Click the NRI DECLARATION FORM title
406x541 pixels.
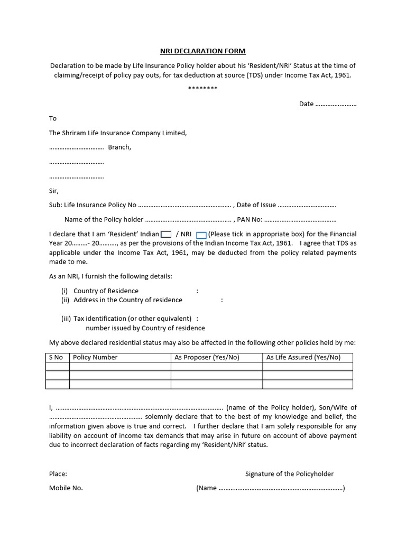click(x=203, y=51)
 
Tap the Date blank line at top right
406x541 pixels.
click(x=336, y=104)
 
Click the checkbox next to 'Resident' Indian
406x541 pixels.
click(x=166, y=234)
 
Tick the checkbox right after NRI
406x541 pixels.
click(x=201, y=234)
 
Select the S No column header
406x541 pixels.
click(x=56, y=358)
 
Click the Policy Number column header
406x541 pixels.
click(x=95, y=358)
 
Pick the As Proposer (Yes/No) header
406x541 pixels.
click(x=207, y=358)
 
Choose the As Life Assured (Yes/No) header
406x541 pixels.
click(x=303, y=358)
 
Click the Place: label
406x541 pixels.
click(x=58, y=474)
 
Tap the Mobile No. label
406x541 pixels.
click(x=66, y=488)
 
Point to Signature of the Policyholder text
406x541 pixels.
click(x=289, y=474)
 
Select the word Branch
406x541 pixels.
click(x=119, y=147)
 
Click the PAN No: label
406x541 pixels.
click(x=252, y=219)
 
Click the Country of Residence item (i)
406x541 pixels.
click(x=106, y=291)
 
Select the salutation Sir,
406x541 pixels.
click(x=54, y=191)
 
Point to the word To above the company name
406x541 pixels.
click(x=53, y=118)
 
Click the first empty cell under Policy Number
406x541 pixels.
click(x=120, y=367)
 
